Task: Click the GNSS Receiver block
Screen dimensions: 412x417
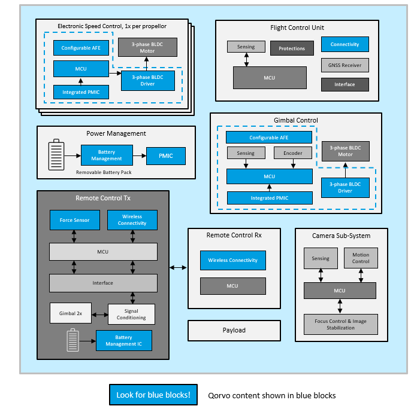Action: (x=345, y=65)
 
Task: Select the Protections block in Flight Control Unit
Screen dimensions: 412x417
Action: (x=292, y=48)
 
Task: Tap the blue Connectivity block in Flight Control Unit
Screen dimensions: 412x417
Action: (x=345, y=44)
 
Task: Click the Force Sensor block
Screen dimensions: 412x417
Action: (x=74, y=220)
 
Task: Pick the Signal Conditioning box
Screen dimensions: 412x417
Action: (x=131, y=314)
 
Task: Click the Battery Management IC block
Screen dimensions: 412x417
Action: (x=124, y=340)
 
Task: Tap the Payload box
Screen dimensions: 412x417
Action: (x=234, y=330)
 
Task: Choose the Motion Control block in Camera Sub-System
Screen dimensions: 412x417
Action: (x=361, y=258)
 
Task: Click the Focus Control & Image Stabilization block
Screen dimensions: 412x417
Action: (x=340, y=324)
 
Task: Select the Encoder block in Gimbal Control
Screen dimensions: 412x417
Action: (x=292, y=153)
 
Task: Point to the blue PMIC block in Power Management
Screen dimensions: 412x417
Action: (x=165, y=156)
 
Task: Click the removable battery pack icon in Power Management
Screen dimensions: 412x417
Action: (x=56, y=155)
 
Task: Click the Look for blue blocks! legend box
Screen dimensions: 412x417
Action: (x=153, y=394)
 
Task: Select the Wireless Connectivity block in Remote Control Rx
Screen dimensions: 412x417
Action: (x=232, y=260)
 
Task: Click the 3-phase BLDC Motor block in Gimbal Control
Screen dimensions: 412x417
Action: (x=345, y=151)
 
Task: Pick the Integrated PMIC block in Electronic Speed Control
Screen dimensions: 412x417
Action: (x=81, y=92)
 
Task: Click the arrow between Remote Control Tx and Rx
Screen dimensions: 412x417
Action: (x=179, y=267)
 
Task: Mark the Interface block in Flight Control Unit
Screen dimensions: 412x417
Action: (x=345, y=84)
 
